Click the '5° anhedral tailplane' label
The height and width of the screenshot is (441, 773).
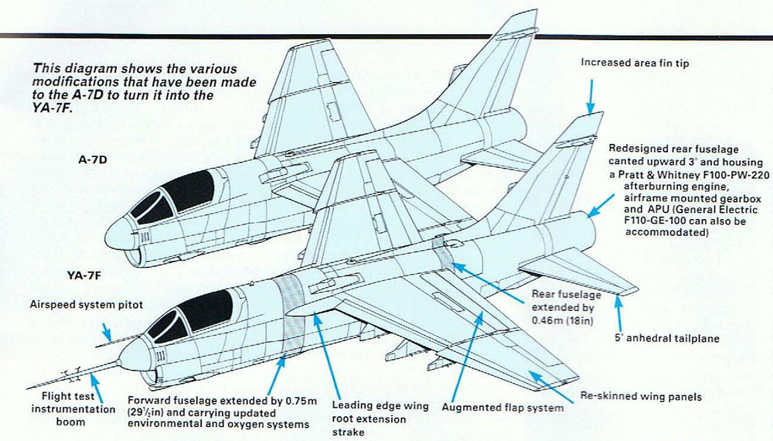[666, 337]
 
